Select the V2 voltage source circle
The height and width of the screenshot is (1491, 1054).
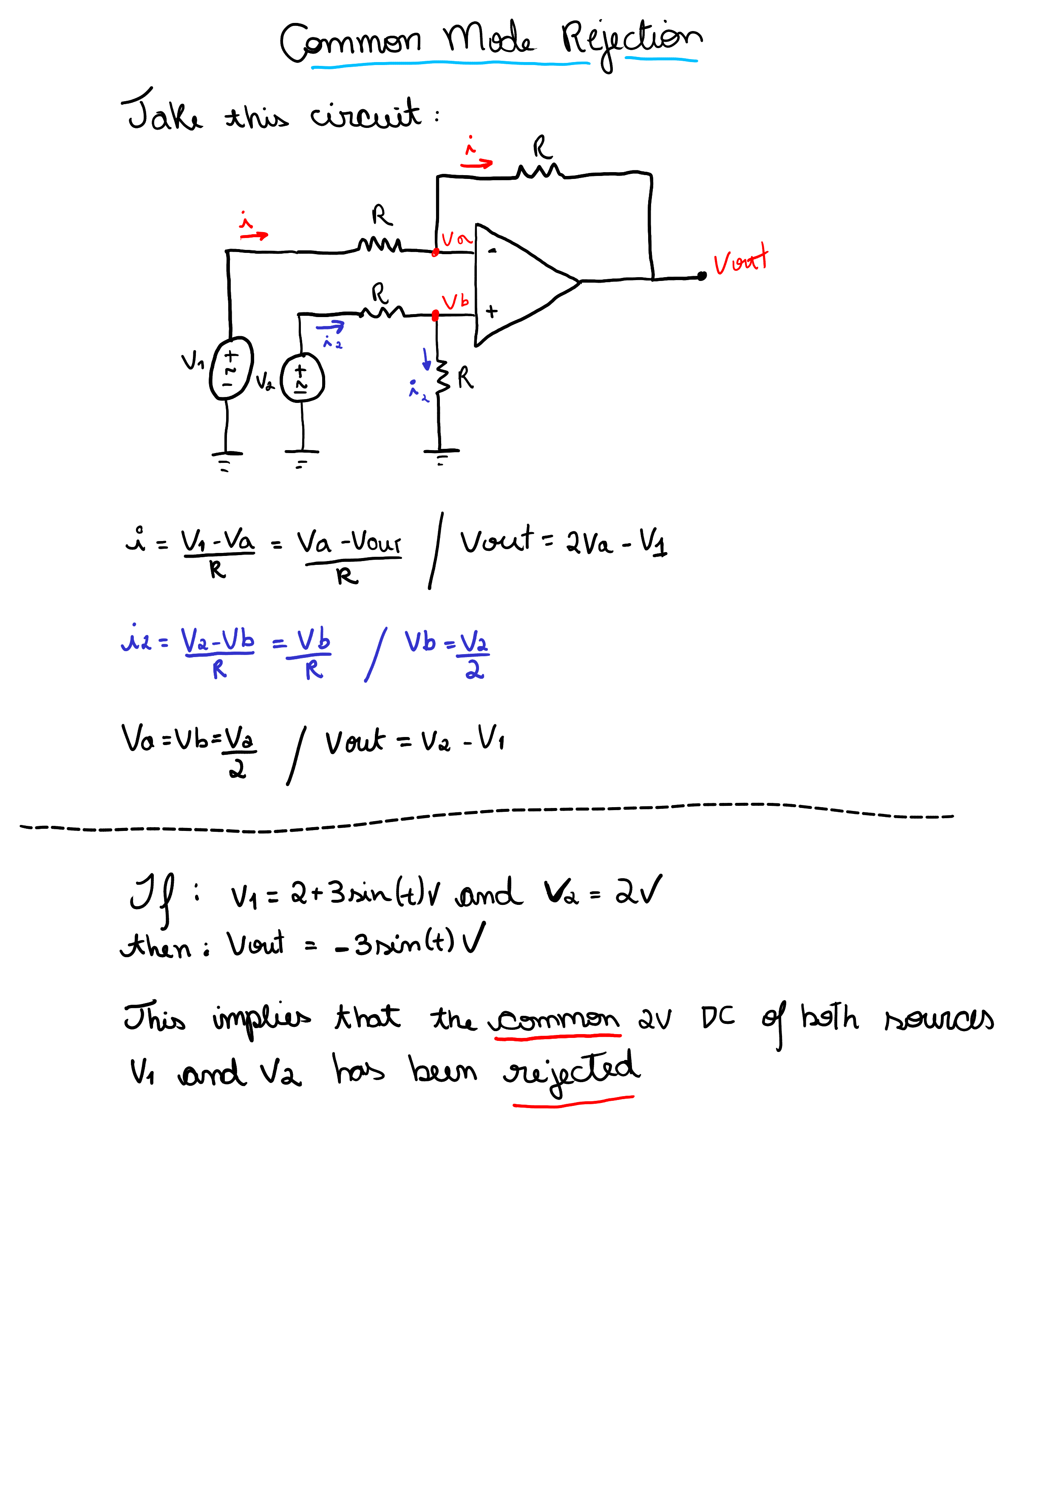(302, 378)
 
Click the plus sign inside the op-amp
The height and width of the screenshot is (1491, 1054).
(492, 312)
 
